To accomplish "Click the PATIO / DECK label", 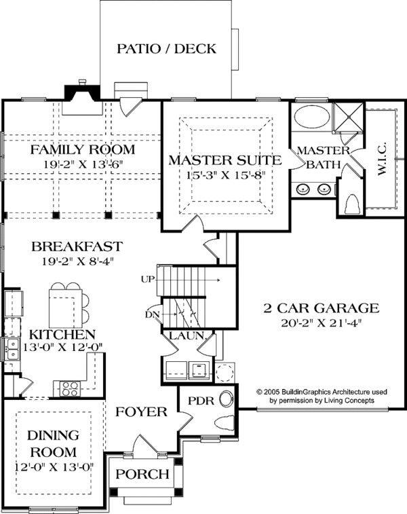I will click(166, 49).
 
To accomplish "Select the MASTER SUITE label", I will click(225, 161).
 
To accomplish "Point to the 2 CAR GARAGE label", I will click(321, 308).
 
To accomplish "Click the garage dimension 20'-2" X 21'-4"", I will click(321, 323).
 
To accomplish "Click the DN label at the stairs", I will click(152, 314).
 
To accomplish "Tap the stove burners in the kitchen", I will click(71, 388).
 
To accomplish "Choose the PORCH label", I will click(143, 474).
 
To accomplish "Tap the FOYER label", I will click(140, 412).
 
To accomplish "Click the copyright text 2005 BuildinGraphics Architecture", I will click(320, 392).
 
